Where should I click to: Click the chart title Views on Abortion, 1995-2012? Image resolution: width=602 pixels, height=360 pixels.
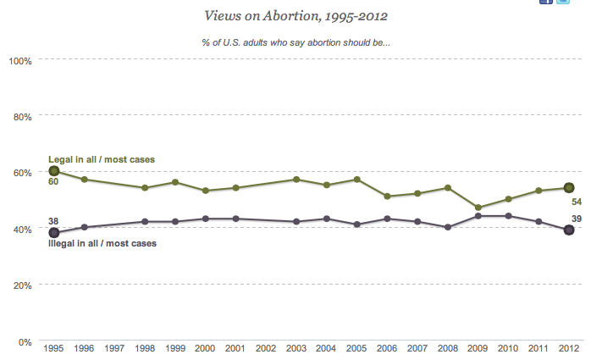(x=301, y=15)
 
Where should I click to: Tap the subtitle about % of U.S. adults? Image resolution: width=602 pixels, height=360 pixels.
(x=301, y=42)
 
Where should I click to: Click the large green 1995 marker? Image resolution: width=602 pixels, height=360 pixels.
(x=54, y=171)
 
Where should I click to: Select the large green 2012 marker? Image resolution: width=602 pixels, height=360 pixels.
(x=569, y=188)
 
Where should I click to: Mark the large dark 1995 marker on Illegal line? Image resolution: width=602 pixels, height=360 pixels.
(x=54, y=233)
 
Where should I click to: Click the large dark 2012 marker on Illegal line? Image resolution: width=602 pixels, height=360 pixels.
(x=569, y=230)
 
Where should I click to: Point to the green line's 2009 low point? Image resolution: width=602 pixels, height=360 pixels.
(x=478, y=208)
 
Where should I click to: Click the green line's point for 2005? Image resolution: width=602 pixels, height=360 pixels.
(x=357, y=180)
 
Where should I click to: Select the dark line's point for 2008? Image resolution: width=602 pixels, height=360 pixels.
(x=448, y=227)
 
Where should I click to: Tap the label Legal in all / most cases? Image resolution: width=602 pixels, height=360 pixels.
(x=101, y=159)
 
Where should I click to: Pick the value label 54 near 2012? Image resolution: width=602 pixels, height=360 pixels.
(x=577, y=202)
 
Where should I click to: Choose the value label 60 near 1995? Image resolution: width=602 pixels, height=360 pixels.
(x=52, y=182)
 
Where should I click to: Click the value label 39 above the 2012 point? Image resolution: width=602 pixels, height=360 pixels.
(x=577, y=218)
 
